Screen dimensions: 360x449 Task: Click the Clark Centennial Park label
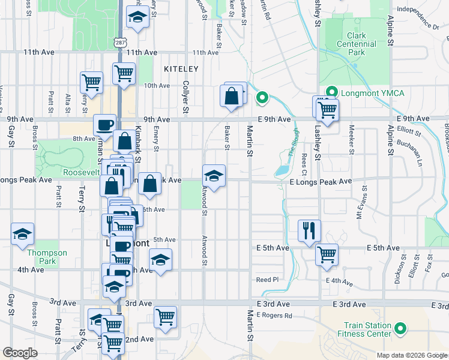click(x=356, y=44)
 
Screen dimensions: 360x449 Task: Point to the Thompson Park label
click(x=41, y=257)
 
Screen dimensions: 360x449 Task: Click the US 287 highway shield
click(x=120, y=38)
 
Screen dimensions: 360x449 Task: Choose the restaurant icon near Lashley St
click(x=310, y=230)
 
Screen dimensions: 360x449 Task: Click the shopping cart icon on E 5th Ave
click(x=327, y=254)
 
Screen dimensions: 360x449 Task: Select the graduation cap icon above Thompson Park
click(x=23, y=233)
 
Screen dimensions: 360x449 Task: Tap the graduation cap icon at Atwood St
click(x=214, y=175)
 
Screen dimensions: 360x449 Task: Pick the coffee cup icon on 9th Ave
click(x=106, y=125)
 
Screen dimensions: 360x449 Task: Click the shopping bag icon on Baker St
click(x=232, y=95)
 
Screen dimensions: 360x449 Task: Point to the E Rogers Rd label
click(x=274, y=315)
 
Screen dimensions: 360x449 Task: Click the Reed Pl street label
click(x=268, y=280)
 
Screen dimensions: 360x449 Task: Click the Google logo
click(x=20, y=353)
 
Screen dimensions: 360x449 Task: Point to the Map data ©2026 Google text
click(x=412, y=355)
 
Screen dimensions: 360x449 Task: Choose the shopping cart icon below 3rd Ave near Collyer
click(x=165, y=316)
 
